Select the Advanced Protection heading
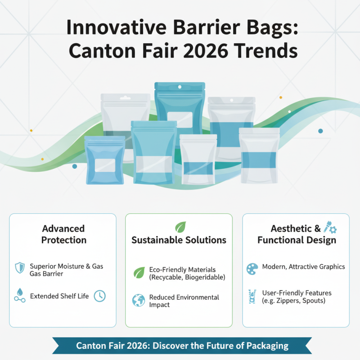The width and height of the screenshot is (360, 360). point(63,234)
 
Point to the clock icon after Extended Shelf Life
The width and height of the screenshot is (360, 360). point(99,296)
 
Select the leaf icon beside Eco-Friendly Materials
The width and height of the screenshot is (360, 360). point(139,273)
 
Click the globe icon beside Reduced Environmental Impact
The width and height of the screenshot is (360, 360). point(139,301)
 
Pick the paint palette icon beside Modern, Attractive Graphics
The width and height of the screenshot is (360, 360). point(252,269)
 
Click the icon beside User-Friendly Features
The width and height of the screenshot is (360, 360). point(252,297)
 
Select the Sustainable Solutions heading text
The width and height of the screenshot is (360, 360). point(179,240)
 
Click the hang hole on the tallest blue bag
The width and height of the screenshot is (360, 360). point(180,86)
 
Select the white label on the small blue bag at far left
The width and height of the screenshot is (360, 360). point(104,165)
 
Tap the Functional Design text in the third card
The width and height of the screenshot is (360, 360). point(297,240)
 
